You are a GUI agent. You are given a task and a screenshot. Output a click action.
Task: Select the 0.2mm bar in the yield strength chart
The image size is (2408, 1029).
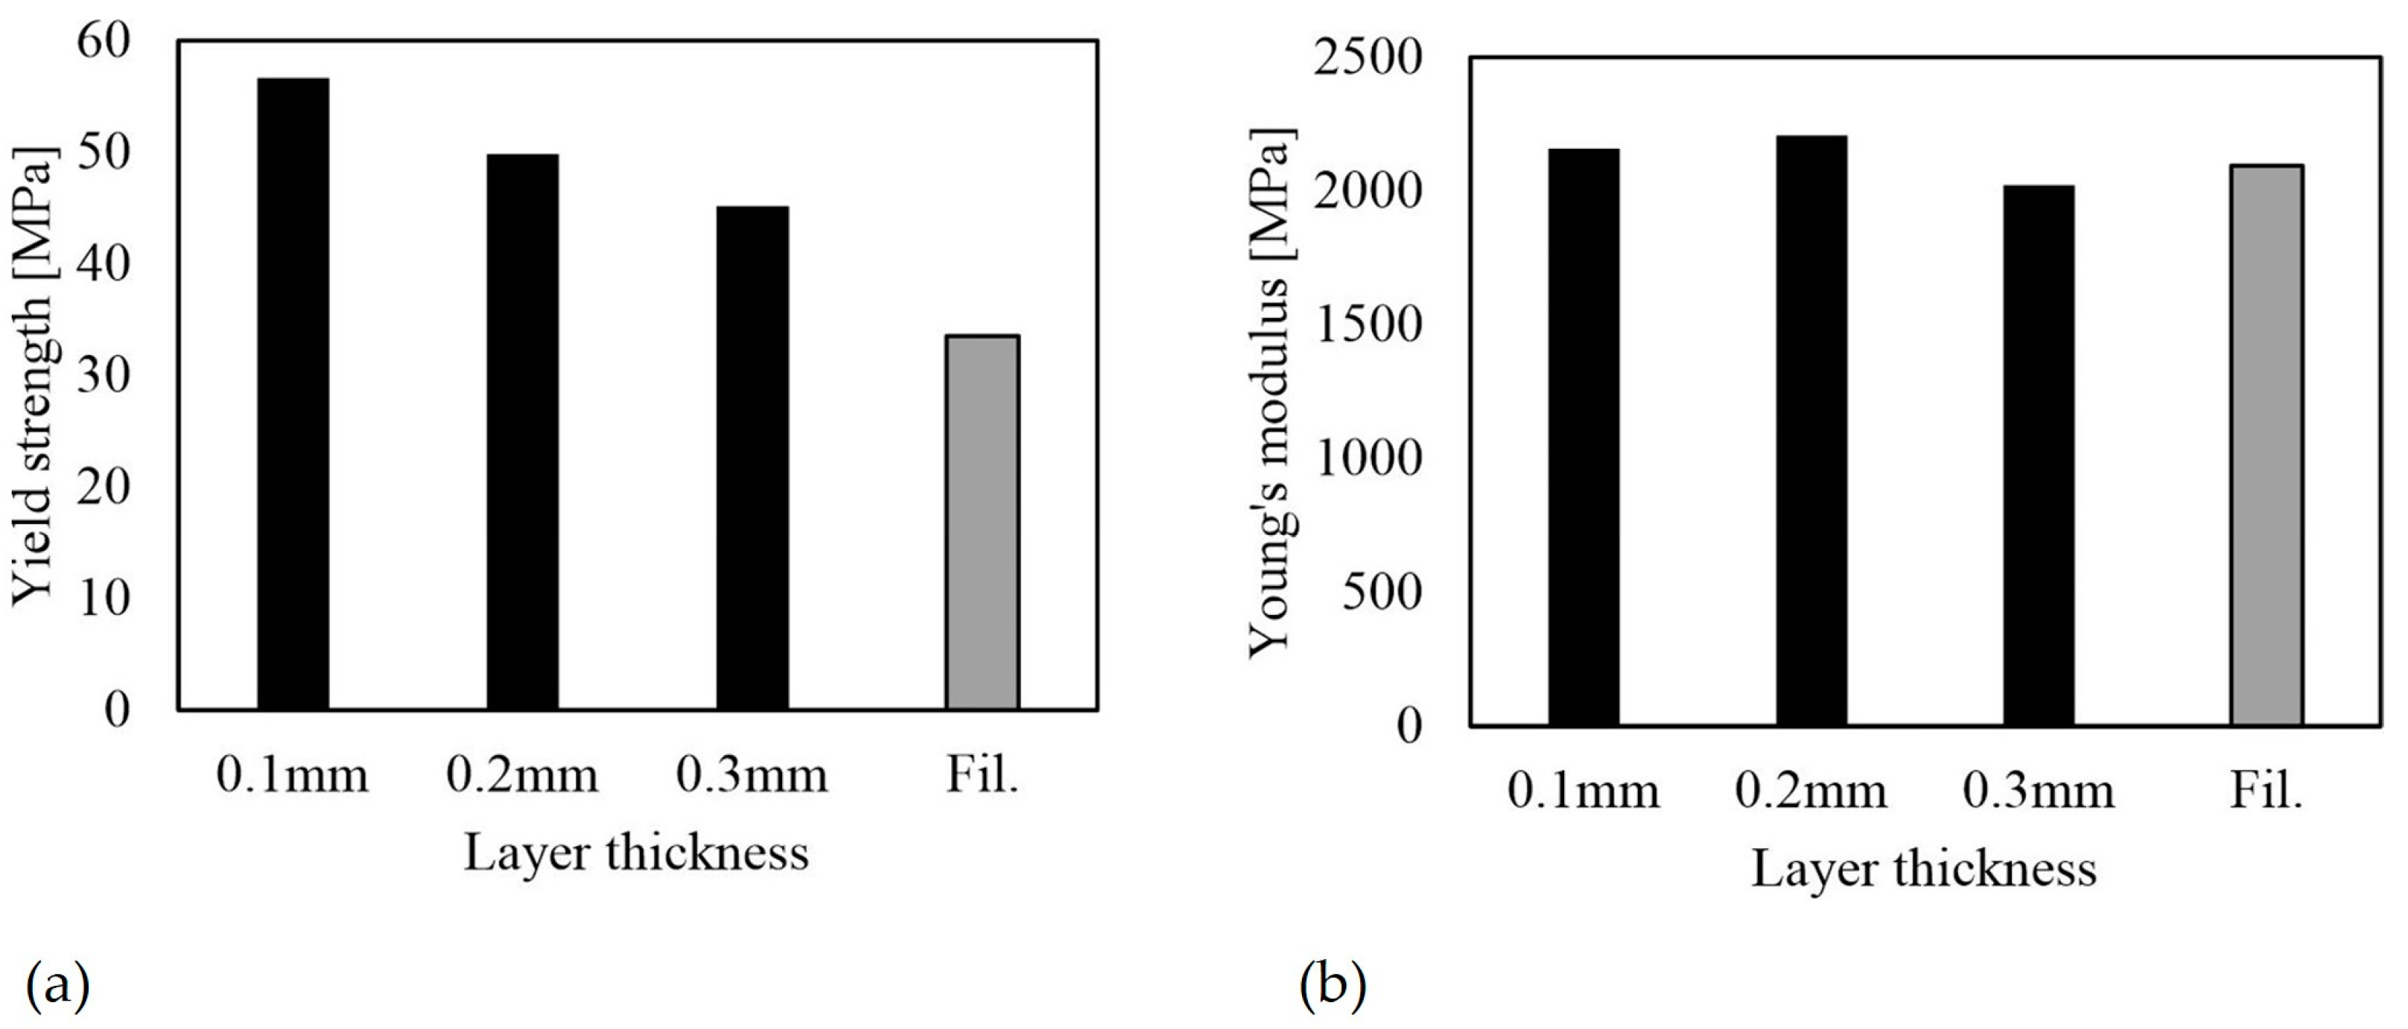pos(523,432)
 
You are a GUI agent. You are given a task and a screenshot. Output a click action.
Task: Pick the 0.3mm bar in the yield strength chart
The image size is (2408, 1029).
pos(752,458)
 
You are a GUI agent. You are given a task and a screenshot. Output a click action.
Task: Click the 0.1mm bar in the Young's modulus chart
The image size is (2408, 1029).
pos(1583,436)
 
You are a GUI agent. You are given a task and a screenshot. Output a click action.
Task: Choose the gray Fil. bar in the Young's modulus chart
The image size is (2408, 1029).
pos(2266,445)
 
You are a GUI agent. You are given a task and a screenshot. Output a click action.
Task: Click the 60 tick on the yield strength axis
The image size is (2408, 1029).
pos(103,42)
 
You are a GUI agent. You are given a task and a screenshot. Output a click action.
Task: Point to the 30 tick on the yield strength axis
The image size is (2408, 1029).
pos(103,376)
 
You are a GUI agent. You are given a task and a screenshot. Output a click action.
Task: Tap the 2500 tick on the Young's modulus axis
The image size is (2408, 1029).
pos(1367,59)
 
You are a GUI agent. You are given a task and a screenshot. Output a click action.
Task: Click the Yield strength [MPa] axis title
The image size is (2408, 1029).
pos(36,376)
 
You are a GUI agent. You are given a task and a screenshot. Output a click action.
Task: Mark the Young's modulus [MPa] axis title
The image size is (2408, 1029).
pos(1273,392)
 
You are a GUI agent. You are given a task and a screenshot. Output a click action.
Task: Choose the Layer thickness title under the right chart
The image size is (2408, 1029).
pos(1924,869)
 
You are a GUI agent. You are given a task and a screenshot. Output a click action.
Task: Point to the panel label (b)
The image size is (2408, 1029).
pos(1332,984)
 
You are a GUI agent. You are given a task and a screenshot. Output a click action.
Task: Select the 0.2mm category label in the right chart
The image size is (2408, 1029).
pos(1811,791)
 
